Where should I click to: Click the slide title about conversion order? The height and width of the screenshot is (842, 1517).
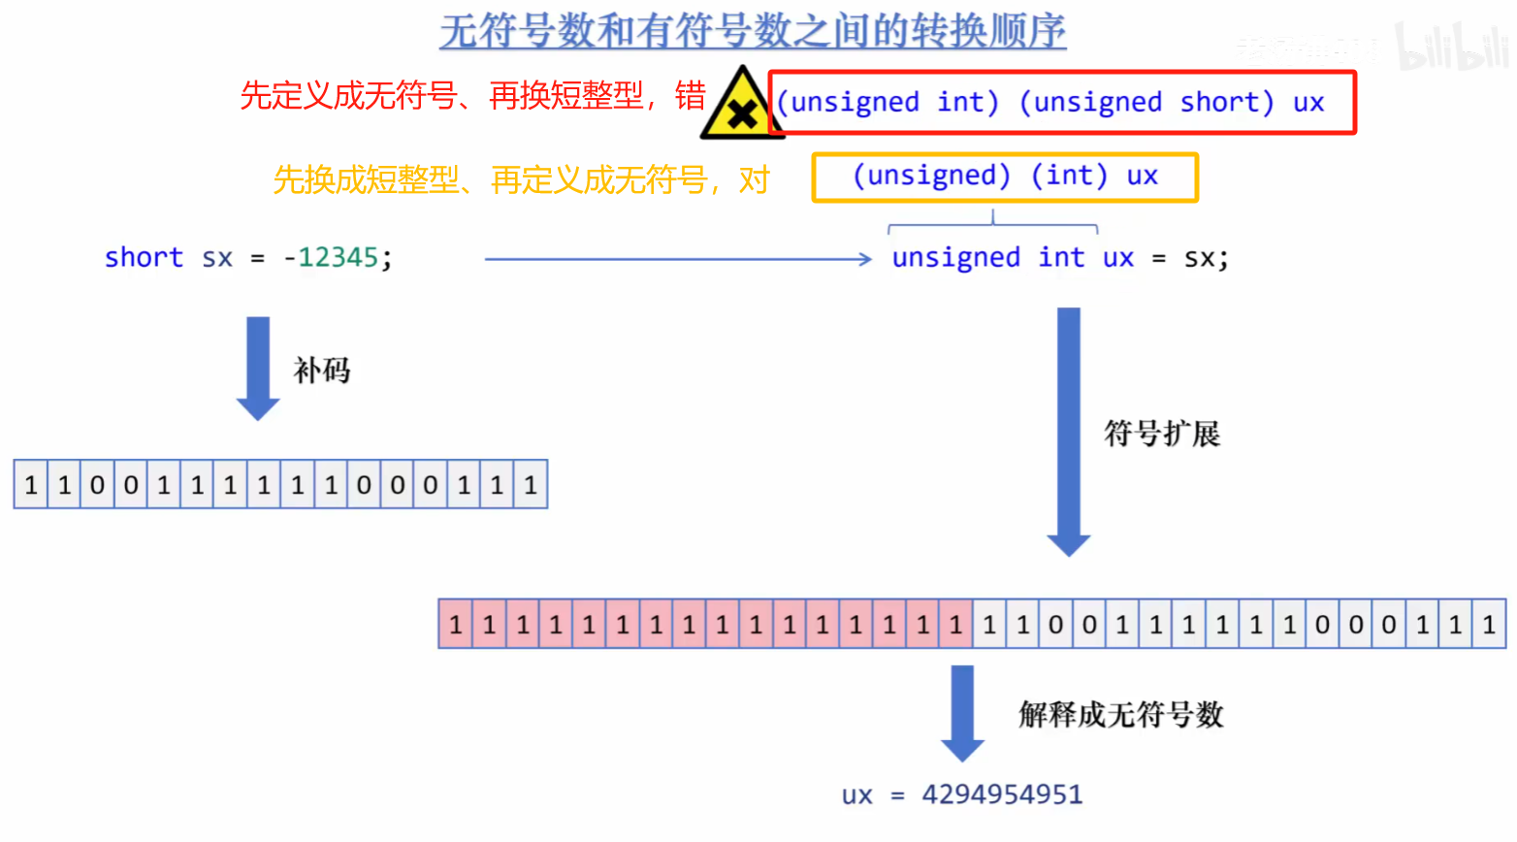click(753, 31)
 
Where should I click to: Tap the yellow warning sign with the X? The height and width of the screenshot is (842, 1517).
click(741, 106)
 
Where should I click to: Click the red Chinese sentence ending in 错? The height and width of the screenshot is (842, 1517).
click(472, 95)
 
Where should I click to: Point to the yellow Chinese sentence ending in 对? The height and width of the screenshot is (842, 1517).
click(521, 179)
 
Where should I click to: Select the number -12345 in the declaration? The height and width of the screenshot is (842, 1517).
click(330, 257)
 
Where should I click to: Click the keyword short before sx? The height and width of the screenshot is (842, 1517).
click(144, 257)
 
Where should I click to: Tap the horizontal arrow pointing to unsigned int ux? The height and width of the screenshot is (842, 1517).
click(678, 259)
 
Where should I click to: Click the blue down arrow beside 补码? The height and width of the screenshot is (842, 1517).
click(258, 367)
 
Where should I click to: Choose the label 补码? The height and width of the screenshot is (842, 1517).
click(322, 370)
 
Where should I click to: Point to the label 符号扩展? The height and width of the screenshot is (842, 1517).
click(1162, 433)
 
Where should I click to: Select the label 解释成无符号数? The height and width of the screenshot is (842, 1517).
click(1121, 715)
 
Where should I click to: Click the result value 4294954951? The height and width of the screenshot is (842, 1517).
click(1002, 794)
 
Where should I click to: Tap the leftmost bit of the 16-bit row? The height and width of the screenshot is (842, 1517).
click(31, 485)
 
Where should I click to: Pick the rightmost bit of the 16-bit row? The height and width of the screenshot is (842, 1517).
click(531, 485)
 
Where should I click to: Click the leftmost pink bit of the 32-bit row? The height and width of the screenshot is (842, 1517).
click(456, 625)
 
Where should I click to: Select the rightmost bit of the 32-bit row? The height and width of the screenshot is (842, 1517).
click(1489, 625)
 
